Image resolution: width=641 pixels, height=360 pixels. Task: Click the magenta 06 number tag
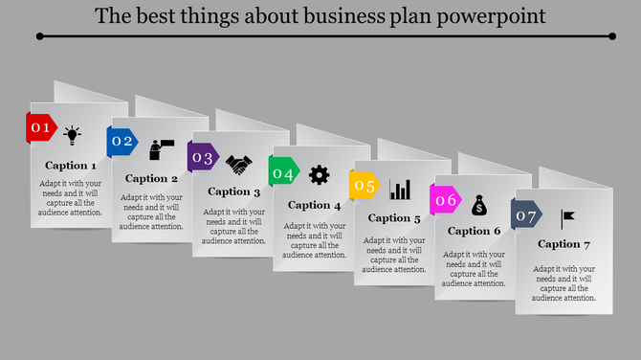pos(446,200)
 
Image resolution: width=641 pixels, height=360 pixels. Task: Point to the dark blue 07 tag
pos(526,215)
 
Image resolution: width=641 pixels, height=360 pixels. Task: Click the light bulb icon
pos(73,134)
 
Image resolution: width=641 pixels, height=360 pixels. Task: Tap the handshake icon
pos(238,165)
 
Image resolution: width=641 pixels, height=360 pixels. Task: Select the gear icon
pos(320,174)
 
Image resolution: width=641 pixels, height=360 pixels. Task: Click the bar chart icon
pos(400,190)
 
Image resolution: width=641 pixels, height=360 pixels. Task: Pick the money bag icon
pos(480,204)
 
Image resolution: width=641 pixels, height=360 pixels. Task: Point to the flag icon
pos(568,218)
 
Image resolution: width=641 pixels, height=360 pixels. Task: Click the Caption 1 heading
pos(71,166)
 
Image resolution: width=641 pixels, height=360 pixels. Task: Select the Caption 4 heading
pos(314,205)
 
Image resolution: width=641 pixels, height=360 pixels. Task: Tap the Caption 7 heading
pos(564,244)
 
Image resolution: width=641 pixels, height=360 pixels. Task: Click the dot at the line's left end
pos(39,36)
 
